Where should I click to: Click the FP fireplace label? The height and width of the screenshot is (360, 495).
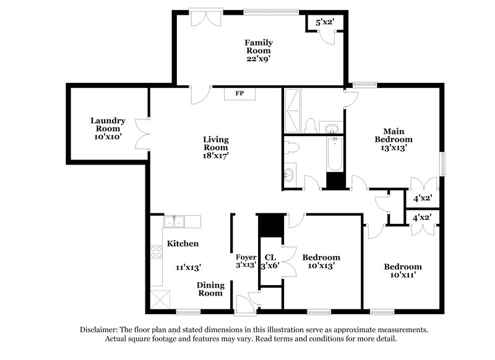click(239, 94)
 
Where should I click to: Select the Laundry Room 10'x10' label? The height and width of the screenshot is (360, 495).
click(108, 126)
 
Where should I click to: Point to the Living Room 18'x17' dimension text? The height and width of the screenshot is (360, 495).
click(216, 156)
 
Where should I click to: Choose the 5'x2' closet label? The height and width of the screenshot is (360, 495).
click(325, 22)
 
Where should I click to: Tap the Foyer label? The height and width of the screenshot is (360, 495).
click(246, 257)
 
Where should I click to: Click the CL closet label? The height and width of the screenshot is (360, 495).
click(270, 257)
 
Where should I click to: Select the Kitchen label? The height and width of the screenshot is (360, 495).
click(183, 244)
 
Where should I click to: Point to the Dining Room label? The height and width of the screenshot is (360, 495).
click(210, 289)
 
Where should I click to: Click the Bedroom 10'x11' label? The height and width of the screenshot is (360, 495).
click(402, 271)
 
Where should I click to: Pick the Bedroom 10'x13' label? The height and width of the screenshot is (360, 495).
click(321, 261)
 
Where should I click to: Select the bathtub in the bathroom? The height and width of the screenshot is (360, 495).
click(335, 154)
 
